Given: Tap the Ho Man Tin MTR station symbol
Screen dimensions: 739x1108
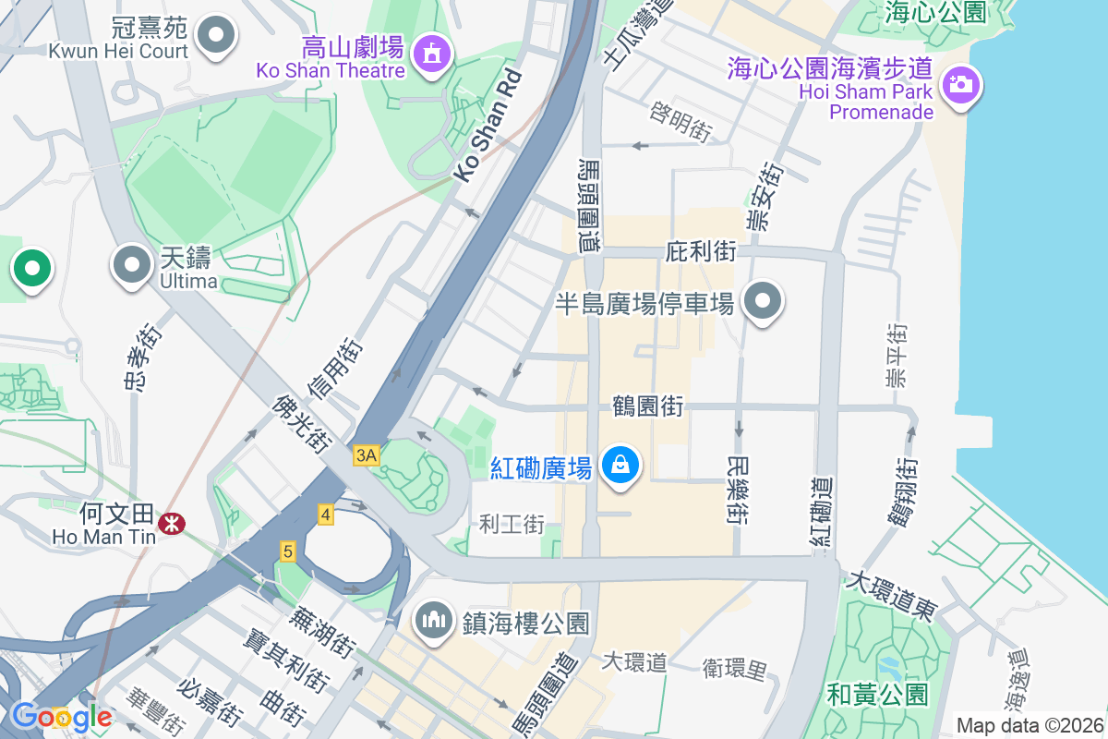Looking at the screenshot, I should [170, 523].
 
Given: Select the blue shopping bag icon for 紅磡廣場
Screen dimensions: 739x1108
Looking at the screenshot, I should [621, 464].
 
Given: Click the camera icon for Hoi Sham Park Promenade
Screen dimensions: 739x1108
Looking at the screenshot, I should [960, 85].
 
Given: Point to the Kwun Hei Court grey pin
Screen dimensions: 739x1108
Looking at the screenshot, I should [217, 36].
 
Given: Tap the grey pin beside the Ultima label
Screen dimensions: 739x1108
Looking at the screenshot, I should [131, 265].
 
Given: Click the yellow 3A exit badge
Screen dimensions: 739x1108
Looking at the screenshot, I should [366, 454].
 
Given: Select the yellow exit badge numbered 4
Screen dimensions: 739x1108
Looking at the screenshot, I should [325, 515].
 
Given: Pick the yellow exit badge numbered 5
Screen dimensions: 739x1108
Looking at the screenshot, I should [288, 551].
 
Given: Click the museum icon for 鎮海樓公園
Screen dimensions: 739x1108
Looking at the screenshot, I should [432, 618].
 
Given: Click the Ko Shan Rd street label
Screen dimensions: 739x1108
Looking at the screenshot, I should [488, 127].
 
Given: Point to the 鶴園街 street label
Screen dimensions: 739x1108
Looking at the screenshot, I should [647, 406].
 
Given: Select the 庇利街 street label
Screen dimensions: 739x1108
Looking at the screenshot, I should [701, 251].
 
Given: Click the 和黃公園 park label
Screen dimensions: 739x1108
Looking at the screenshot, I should [877, 694].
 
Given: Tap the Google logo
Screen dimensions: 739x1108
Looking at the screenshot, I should [61, 716].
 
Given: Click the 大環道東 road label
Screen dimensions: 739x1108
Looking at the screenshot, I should [892, 596].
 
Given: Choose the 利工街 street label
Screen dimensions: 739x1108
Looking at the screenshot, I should [512, 525].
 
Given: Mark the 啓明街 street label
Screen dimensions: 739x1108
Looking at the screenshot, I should [680, 123].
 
